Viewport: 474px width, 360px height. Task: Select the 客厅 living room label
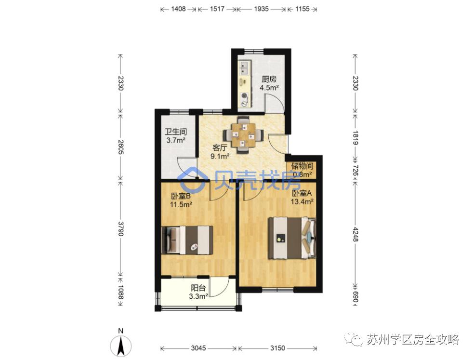(x=220, y=148)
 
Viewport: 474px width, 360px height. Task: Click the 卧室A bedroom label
(x=302, y=193)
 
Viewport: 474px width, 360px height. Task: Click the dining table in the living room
(x=244, y=134)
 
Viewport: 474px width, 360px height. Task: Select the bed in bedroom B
(x=188, y=240)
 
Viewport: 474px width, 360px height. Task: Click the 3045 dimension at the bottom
(x=198, y=348)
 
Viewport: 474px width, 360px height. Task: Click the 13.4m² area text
(x=302, y=201)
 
